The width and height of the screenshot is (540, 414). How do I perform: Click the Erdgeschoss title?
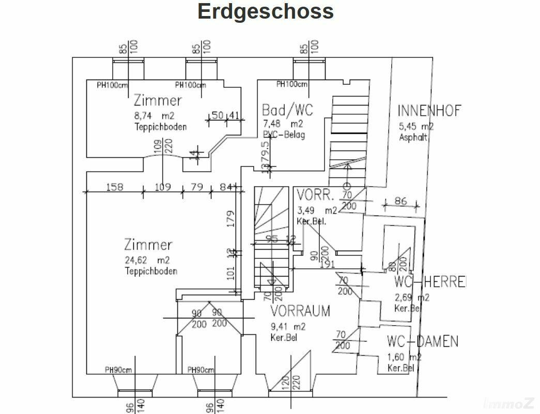tap(266, 11)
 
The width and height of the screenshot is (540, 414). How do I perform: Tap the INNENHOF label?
tap(429, 111)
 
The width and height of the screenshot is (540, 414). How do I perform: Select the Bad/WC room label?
tap(287, 110)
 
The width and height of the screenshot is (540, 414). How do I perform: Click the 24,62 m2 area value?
tap(147, 260)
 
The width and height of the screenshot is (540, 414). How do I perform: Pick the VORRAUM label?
tap(300, 311)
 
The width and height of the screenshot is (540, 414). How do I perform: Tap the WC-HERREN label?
tap(429, 282)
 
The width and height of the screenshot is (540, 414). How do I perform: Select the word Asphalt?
tap(413, 137)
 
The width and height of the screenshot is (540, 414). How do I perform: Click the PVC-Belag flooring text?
tap(284, 134)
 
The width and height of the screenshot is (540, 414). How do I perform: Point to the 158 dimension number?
tap(114, 187)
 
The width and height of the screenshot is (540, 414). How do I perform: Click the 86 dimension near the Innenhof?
tap(400, 201)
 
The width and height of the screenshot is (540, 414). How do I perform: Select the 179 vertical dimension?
tap(231, 219)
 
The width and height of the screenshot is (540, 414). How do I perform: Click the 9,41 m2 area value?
tap(288, 327)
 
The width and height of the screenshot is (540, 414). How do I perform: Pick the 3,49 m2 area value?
tap(317, 210)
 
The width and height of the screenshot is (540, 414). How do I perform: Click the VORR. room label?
tap(316, 195)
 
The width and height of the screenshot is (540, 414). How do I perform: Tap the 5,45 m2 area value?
tap(416, 126)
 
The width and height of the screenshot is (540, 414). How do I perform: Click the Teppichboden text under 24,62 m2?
tap(151, 271)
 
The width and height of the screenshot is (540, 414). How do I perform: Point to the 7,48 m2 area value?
tap(282, 124)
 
